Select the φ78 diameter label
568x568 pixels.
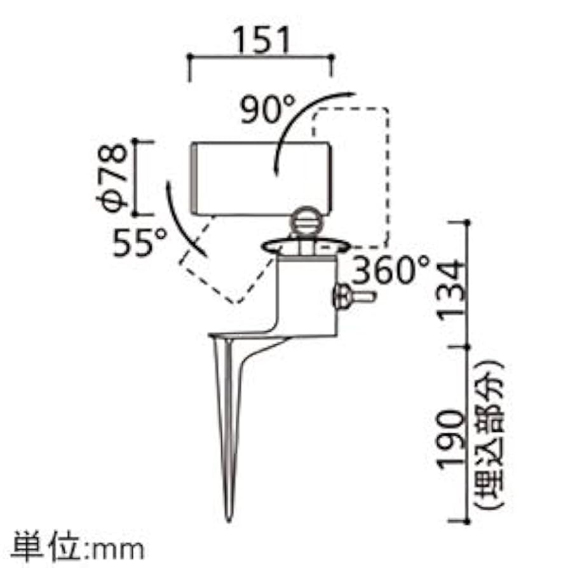pyautogui.click(x=112, y=178)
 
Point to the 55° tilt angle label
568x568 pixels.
pyautogui.click(x=139, y=241)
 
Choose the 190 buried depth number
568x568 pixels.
pyautogui.click(x=452, y=440)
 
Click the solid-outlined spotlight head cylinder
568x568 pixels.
pyautogui.click(x=261, y=179)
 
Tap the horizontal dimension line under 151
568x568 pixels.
pyautogui.click(x=261, y=57)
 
